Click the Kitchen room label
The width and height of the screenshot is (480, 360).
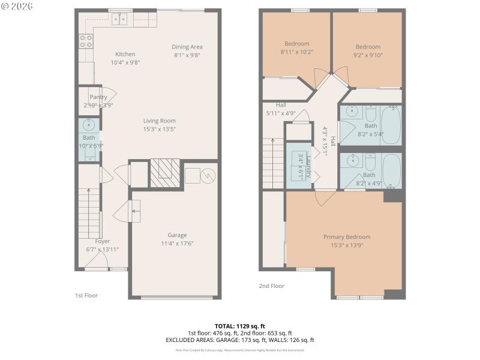point(125,54)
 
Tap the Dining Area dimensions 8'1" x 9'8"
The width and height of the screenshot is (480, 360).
point(187,55)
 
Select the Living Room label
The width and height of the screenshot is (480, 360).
point(159,121)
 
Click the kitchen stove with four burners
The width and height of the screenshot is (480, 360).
point(86,41)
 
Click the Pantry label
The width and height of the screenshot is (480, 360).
point(98,97)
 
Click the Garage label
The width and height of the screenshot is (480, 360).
point(177,235)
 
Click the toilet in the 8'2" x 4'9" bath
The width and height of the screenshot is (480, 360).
point(370,163)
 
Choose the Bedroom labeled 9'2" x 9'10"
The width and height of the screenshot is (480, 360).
point(368,47)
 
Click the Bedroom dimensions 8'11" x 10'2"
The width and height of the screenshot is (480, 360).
point(297,52)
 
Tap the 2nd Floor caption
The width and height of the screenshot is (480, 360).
point(271,286)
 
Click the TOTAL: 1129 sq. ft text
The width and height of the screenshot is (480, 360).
point(239,326)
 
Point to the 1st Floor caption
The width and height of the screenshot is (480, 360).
point(86,295)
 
